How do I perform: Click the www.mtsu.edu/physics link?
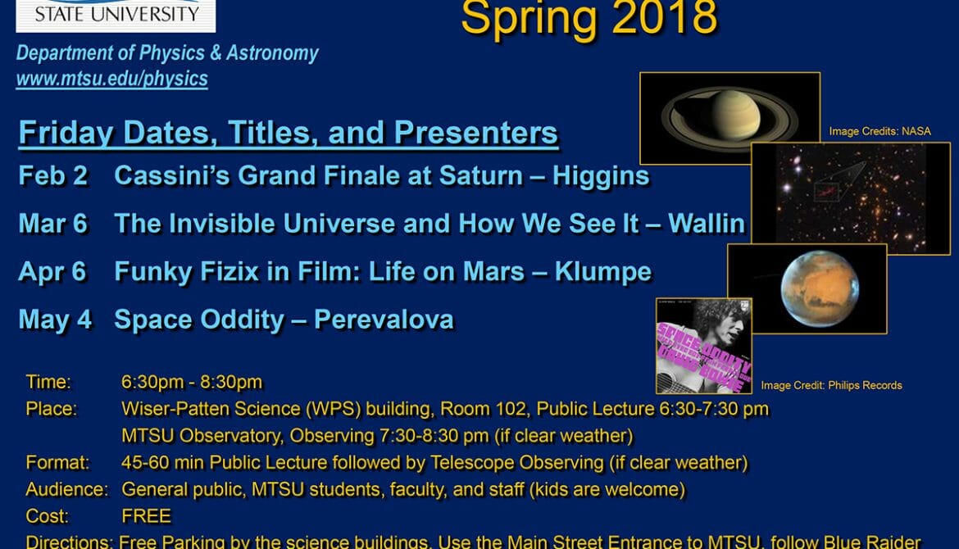112,79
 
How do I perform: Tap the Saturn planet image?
729,118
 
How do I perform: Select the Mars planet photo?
807,288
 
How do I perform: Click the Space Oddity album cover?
703,346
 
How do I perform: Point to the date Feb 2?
53,176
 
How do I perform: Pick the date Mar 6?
53,224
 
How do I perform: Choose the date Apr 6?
52,271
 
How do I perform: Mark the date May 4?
55,319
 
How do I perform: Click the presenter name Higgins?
601,177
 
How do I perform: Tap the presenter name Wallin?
707,224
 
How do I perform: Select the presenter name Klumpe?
603,272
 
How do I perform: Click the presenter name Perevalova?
384,319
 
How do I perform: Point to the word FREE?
146,516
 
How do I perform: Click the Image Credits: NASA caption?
879,131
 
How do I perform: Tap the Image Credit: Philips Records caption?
831,385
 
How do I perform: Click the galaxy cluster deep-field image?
851,198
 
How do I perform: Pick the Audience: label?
66,490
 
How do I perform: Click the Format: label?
57,463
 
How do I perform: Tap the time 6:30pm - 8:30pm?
192,382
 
